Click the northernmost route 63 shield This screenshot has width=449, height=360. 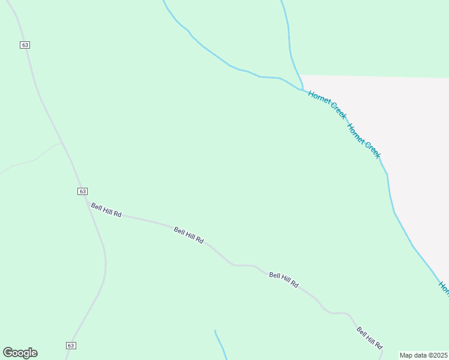25,45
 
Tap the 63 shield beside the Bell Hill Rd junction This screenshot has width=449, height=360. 82,191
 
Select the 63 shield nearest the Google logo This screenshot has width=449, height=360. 71,345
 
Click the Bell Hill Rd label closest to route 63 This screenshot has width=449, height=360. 106,210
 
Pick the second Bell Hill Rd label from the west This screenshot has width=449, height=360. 188,235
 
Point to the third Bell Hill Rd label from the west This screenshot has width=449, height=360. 283,280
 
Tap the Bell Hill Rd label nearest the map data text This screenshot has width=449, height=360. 369,338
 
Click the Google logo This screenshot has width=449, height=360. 20,353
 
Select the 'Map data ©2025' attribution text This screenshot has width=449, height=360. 423,355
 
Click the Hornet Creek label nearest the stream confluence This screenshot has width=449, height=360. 327,104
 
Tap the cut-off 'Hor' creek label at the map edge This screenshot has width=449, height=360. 444,289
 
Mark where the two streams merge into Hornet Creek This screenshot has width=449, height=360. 301,88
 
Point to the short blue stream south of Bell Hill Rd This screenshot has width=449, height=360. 220,345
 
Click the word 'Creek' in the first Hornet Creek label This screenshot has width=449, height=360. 336,111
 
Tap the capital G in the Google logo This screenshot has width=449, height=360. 7,353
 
